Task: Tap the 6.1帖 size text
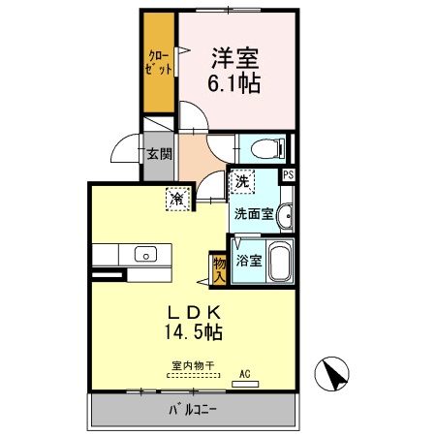pyautogui.click(x=233, y=84)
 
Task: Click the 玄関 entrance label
pyautogui.click(x=160, y=154)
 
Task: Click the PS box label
pyautogui.click(x=289, y=174)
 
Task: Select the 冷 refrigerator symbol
pyautogui.click(x=178, y=198)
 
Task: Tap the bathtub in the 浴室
pyautogui.click(x=278, y=261)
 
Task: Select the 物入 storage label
pyautogui.click(x=219, y=268)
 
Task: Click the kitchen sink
pyautogui.click(x=145, y=256)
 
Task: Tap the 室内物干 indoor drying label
pyautogui.click(x=192, y=366)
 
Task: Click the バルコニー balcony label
pyautogui.click(x=194, y=410)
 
